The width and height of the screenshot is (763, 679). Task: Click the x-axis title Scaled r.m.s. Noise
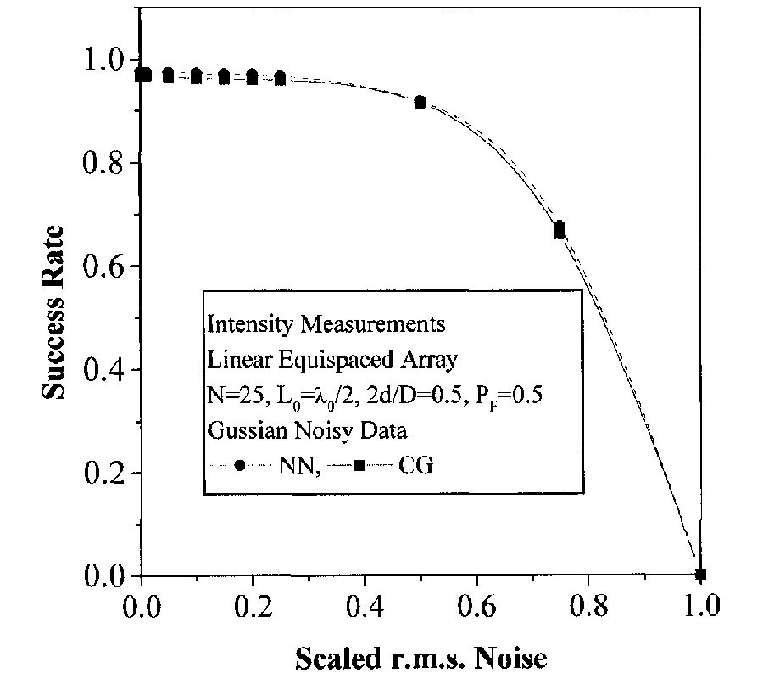[x=420, y=658]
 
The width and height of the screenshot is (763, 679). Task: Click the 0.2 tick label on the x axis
[x=253, y=607]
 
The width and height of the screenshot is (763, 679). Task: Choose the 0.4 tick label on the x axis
[x=365, y=607]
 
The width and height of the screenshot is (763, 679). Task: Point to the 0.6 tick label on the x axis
[x=476, y=607]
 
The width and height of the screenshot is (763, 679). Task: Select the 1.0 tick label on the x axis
[x=700, y=607]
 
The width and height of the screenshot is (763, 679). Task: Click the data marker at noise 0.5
[x=420, y=102]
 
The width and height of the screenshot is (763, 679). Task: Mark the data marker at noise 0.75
[x=560, y=230]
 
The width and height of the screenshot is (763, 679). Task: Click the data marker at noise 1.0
[x=700, y=575]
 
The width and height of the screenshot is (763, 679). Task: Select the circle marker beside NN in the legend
[x=241, y=466]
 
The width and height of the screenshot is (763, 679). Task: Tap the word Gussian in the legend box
[x=240, y=430]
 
